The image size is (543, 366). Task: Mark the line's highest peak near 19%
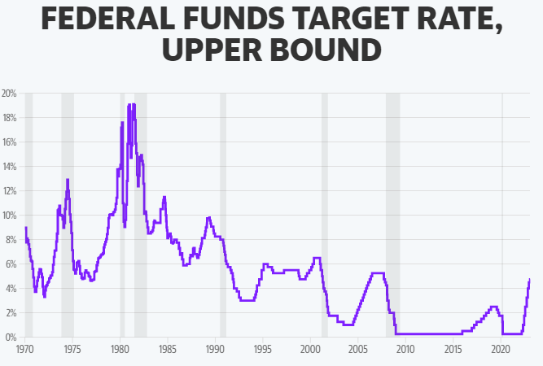tap(129, 104)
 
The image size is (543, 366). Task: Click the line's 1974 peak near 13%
tap(68, 179)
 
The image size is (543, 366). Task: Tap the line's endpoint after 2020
tap(530, 279)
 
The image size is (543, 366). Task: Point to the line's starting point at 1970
tap(26, 228)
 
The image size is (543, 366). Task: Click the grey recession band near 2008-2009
tap(392, 215)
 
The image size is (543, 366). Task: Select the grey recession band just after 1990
tap(223, 215)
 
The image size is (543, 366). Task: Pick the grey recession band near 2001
tap(325, 215)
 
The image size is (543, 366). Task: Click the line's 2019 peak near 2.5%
tap(493, 307)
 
